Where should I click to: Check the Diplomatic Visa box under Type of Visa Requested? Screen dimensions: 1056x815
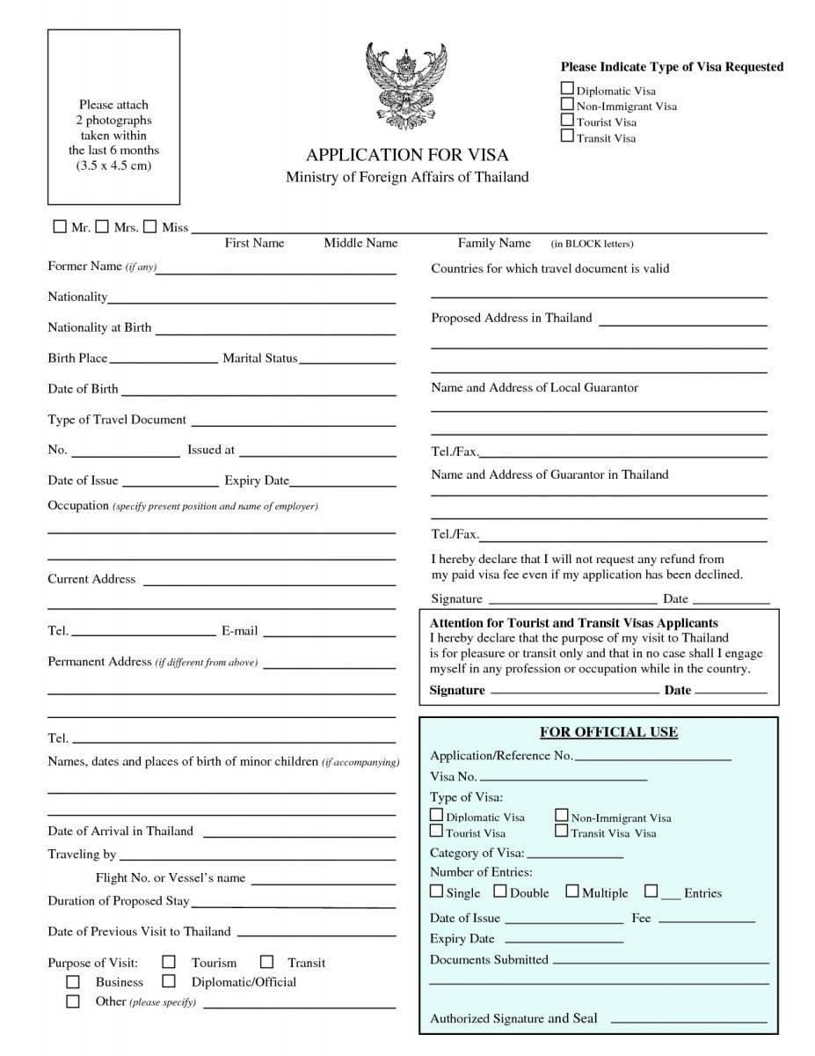pyautogui.click(x=568, y=89)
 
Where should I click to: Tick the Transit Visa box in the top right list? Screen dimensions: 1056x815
pyautogui.click(x=568, y=136)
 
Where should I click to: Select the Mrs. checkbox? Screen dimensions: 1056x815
pyautogui.click(x=103, y=227)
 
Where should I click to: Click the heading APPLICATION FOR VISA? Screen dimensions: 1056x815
pyautogui.click(x=407, y=155)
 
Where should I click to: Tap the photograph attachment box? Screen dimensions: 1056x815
pyautogui.click(x=113, y=116)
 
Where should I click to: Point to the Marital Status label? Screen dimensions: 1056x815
pyautogui.click(x=260, y=358)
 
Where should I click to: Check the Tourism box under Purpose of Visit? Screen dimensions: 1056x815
pyautogui.click(x=170, y=962)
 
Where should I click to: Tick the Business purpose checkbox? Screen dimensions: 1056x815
pyautogui.click(x=73, y=981)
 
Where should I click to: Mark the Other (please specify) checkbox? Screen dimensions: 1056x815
pyautogui.click(x=73, y=1001)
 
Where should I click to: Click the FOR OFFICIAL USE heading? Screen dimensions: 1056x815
pyautogui.click(x=608, y=732)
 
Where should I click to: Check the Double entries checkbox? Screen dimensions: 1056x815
pyautogui.click(x=499, y=891)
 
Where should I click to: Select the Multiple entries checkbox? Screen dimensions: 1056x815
pyautogui.click(x=571, y=891)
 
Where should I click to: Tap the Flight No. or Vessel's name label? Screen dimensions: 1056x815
pyautogui.click(x=171, y=877)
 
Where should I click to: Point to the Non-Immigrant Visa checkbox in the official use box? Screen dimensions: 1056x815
pyautogui.click(x=561, y=816)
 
